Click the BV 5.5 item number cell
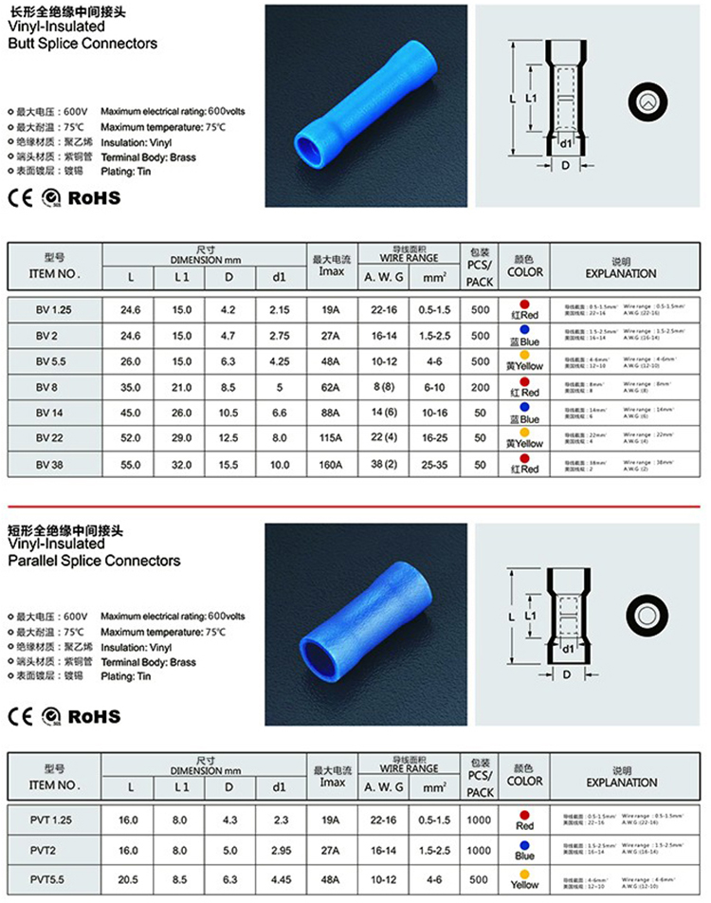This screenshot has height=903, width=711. pos(53,361)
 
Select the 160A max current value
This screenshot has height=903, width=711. pos(330,465)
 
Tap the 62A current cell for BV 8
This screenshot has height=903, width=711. pos(330,387)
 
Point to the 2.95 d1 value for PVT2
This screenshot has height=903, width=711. pos(279,850)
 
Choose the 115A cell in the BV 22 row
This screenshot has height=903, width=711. pos(330,439)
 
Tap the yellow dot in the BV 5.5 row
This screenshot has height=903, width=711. pos(524,354)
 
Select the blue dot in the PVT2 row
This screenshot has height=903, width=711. pos(524,842)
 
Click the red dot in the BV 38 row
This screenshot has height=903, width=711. pos(524,457)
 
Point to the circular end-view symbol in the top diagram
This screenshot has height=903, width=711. pos(648,101)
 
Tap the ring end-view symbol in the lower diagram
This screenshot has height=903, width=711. pos(649,609)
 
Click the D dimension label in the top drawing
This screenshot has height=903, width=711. pos(565,166)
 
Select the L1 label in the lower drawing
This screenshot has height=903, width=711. pos(533,616)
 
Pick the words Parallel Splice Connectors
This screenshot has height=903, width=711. pos(94,561)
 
